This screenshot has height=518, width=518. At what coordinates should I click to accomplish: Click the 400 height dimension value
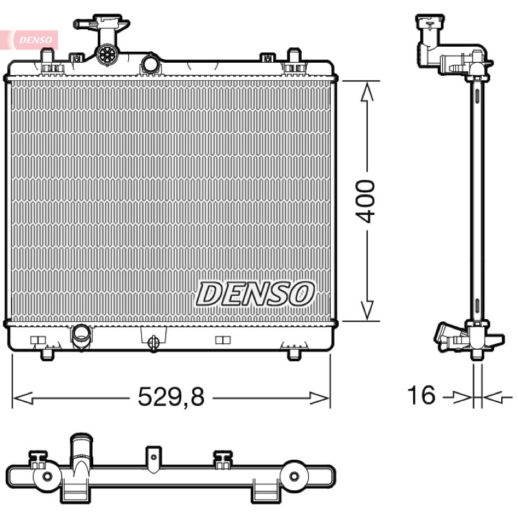point(365,201)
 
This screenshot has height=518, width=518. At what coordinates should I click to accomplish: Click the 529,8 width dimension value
point(171,396)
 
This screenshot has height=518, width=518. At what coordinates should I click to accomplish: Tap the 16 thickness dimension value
point(422,395)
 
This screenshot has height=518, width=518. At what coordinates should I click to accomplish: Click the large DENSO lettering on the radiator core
point(254,294)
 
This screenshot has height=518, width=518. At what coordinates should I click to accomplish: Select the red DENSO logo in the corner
point(36,40)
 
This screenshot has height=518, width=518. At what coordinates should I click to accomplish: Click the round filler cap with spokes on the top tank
point(107,54)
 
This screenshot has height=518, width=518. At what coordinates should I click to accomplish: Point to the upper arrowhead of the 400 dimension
point(367,91)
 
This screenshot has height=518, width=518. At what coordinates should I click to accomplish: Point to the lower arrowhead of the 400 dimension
point(367,310)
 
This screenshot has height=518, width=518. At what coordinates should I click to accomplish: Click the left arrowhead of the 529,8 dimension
point(23,398)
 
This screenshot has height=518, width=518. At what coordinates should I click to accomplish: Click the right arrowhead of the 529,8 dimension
point(320,398)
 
